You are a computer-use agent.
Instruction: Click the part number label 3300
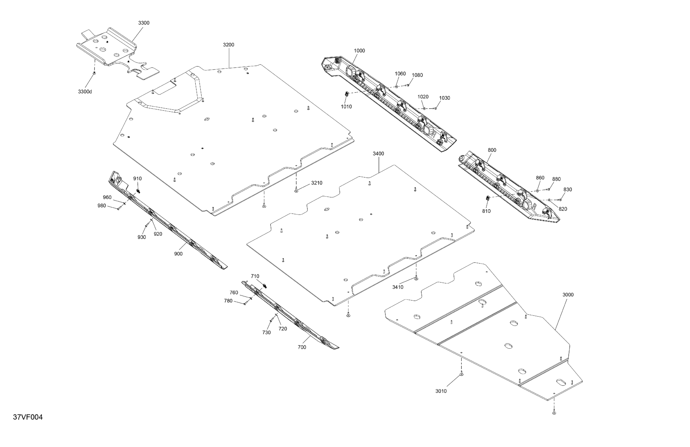143,23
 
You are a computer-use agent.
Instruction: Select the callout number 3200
228,45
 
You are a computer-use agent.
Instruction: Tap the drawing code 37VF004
28,417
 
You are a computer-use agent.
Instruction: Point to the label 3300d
85,92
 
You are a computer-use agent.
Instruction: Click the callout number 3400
378,154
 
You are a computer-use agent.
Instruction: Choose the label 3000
568,294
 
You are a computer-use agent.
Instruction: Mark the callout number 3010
441,391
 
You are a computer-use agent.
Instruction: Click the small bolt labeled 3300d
94,73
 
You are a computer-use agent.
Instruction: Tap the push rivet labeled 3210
296,191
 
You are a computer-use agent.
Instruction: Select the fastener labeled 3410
416,278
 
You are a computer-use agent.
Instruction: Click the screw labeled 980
118,208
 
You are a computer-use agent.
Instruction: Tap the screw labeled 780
244,304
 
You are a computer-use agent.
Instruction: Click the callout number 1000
359,51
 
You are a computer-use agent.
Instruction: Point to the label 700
302,347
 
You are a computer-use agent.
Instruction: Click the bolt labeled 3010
462,374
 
